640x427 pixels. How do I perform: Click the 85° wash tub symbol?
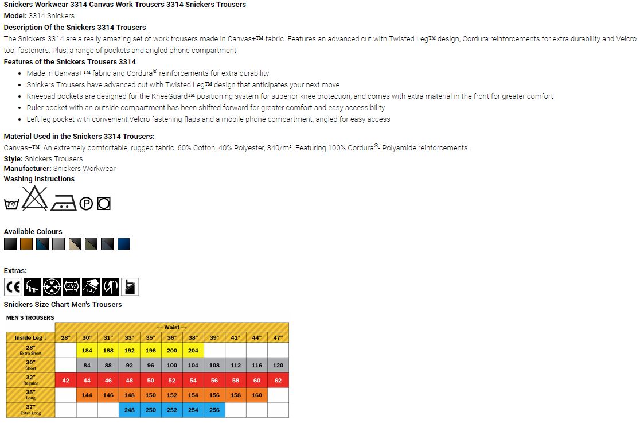pyautogui.click(x=11, y=204)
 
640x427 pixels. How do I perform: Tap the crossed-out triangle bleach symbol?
pyautogui.click(x=36, y=198)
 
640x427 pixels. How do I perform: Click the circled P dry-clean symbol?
pyautogui.click(x=86, y=204)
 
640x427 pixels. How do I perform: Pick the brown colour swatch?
pyautogui.click(x=26, y=244)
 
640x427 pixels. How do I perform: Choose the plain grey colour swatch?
pyautogui.click(x=58, y=244)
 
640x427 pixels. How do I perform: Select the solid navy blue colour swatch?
pyautogui.click(x=124, y=244)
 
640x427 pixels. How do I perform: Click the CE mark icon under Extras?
pyautogui.click(x=13, y=286)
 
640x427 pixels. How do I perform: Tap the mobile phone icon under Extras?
pyautogui.click(x=130, y=286)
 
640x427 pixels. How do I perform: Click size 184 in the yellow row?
pyautogui.click(x=87, y=351)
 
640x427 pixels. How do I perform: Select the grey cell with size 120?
pyautogui.click(x=278, y=366)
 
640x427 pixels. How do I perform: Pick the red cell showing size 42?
pyautogui.click(x=66, y=381)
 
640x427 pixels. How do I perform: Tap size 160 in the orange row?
pyautogui.click(x=257, y=395)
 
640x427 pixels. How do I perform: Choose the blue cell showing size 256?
pyautogui.click(x=214, y=410)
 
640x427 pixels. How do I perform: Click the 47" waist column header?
pyautogui.click(x=278, y=338)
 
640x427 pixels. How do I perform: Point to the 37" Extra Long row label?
pyautogui.click(x=30, y=410)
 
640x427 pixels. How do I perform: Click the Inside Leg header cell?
pyautogui.click(x=30, y=338)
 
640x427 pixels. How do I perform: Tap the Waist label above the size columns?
pyautogui.click(x=172, y=327)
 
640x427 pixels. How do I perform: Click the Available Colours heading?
pyautogui.click(x=33, y=232)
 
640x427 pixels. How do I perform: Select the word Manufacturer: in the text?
pyautogui.click(x=28, y=169)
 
